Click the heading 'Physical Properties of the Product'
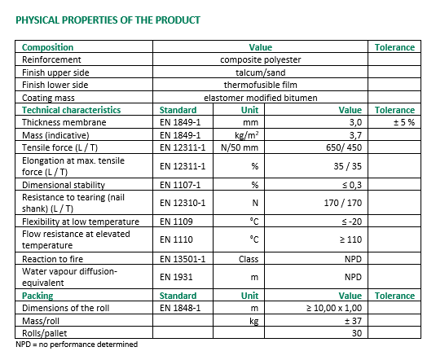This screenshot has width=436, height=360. point(108,20)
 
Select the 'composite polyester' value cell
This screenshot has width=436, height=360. point(260,59)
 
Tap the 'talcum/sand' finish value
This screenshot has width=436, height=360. point(260,72)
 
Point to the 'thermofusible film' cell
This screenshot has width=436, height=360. point(260,85)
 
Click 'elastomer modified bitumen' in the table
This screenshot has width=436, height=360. point(260,98)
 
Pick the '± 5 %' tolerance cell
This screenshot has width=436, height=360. point(404,122)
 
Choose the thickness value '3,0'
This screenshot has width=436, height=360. point(355,122)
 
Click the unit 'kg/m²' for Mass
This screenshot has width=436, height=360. point(247,135)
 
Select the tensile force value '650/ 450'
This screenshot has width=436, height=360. point(344,147)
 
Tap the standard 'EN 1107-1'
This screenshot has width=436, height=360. point(180,185)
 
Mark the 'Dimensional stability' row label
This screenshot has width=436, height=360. point(64,185)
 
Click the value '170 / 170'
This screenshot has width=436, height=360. point(343,203)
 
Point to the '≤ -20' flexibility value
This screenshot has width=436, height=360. point(352,222)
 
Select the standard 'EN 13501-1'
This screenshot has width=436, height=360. point(183,259)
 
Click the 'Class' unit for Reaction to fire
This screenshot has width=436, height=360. point(249,259)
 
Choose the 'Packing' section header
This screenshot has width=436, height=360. point(37,296)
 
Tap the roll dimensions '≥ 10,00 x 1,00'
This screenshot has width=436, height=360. point(334,308)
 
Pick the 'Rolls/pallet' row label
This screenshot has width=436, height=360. point(45,333)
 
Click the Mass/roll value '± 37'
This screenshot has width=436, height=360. point(353,321)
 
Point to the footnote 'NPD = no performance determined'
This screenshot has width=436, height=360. point(77,345)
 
